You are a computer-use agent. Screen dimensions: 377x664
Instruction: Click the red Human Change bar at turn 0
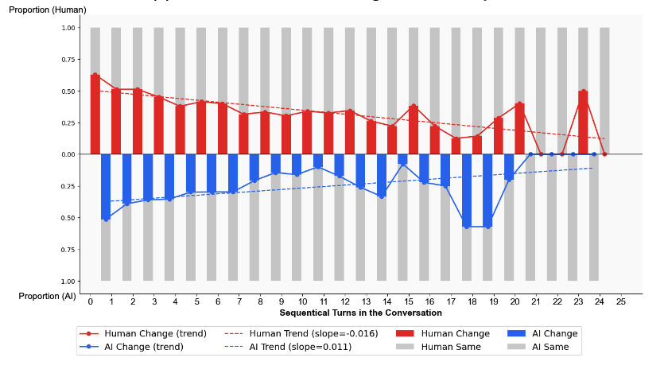[95, 115]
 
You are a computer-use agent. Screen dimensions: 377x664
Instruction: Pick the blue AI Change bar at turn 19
[487, 190]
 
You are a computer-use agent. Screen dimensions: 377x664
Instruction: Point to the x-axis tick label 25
[621, 302]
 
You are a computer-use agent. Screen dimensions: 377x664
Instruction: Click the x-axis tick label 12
[345, 302]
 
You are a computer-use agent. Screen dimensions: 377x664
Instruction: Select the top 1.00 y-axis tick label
[69, 28]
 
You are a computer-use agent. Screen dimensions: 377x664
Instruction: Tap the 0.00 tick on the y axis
[69, 154]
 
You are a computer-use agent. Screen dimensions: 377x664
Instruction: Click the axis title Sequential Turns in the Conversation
[360, 313]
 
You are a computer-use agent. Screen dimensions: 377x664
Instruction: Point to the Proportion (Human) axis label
[48, 10]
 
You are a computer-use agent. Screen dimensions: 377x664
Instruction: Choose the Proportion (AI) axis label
[48, 296]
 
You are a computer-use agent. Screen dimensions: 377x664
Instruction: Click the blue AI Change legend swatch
[517, 334]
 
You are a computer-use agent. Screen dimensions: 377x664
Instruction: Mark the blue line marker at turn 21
[530, 154]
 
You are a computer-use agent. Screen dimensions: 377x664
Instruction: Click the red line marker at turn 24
[604, 154]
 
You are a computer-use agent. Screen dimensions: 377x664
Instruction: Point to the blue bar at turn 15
[403, 159]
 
